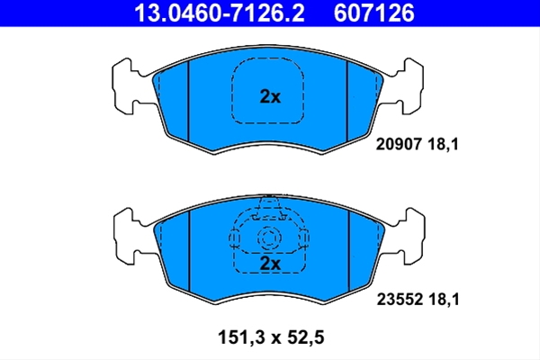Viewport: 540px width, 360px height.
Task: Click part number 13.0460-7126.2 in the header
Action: (220, 13)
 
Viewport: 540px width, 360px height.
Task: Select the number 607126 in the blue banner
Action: (374, 13)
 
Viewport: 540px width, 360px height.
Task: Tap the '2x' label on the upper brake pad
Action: (270, 97)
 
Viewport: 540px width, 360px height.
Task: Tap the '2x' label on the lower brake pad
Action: (270, 264)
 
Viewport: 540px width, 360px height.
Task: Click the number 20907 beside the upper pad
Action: (399, 144)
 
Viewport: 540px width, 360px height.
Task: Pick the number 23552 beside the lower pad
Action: (400, 300)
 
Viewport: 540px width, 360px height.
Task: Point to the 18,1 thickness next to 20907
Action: (443, 144)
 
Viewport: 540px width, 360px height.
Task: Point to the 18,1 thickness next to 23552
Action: (444, 300)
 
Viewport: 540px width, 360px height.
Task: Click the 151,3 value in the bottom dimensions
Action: (241, 337)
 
